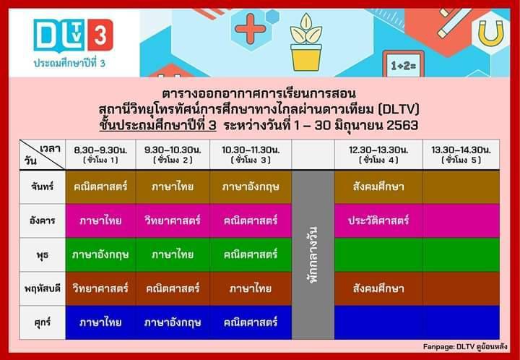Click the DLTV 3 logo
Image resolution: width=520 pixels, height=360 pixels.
point(73,35)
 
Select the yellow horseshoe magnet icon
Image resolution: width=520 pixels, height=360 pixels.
point(491,33)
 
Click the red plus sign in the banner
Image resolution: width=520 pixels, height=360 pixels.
point(251,28)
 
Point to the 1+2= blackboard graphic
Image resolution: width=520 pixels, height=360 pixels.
point(403,64)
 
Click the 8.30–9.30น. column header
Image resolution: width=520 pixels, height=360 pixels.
point(100,155)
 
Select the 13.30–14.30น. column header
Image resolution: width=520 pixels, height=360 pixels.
point(461,155)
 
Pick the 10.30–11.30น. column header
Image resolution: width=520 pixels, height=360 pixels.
point(251,155)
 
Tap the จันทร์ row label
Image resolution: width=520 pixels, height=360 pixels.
point(43,187)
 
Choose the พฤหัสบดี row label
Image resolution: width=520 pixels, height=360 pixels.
point(43,288)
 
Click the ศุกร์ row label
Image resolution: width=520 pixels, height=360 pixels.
point(43,322)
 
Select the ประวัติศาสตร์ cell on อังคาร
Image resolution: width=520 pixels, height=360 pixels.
point(378,220)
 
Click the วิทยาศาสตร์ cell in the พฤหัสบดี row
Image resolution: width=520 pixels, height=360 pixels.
point(100,288)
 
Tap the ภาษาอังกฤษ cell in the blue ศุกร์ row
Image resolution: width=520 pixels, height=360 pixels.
point(173,322)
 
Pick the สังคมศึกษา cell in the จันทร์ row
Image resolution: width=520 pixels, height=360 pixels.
point(378,187)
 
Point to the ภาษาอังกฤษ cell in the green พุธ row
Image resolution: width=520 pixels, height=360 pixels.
point(100,254)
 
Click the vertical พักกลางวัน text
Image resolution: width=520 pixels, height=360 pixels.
point(313,255)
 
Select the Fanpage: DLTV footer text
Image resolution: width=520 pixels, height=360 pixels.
point(465,347)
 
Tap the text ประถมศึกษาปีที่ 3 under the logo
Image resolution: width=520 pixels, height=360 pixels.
point(69,63)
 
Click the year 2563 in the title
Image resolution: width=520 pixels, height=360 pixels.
point(402,126)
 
